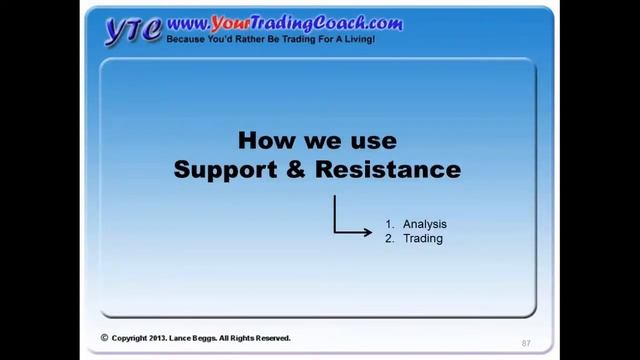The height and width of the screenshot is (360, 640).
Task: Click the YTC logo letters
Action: tap(133, 30)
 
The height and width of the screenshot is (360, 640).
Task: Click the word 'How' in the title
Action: tap(264, 140)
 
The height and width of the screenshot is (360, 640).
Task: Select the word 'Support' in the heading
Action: tap(222, 170)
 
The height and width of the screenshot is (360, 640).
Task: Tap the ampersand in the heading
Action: tap(293, 170)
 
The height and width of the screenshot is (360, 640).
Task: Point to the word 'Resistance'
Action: tap(388, 170)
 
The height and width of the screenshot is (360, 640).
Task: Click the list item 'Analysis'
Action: tap(424, 224)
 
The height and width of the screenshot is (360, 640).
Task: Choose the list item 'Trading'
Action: tap(422, 239)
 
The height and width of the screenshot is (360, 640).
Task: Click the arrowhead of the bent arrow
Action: tap(367, 233)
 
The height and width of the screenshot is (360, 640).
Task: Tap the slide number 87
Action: tap(525, 343)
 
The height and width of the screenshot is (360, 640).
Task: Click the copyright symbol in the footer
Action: tap(104, 338)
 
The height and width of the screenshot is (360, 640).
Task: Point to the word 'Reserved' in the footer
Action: tap(272, 339)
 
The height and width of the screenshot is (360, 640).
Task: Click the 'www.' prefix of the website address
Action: tap(187, 22)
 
